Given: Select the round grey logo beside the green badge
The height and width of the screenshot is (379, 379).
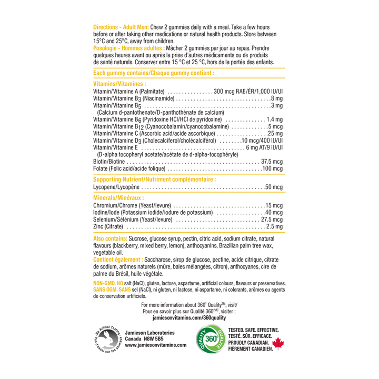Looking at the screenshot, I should click(x=107, y=338).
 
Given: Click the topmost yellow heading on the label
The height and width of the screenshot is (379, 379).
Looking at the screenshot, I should click(x=121, y=26).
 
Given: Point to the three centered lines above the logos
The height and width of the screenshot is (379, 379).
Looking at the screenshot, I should click(x=189, y=311).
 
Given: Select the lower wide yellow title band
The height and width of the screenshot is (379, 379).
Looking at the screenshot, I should click(x=154, y=179).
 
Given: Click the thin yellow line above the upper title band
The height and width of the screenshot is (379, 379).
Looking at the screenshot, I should click(x=189, y=67).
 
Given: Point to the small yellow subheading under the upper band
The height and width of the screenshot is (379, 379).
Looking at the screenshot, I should click(x=119, y=83).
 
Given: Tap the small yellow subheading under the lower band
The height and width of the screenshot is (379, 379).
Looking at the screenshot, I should click(x=118, y=198).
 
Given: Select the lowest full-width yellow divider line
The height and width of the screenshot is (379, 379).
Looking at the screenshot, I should click(x=189, y=193).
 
